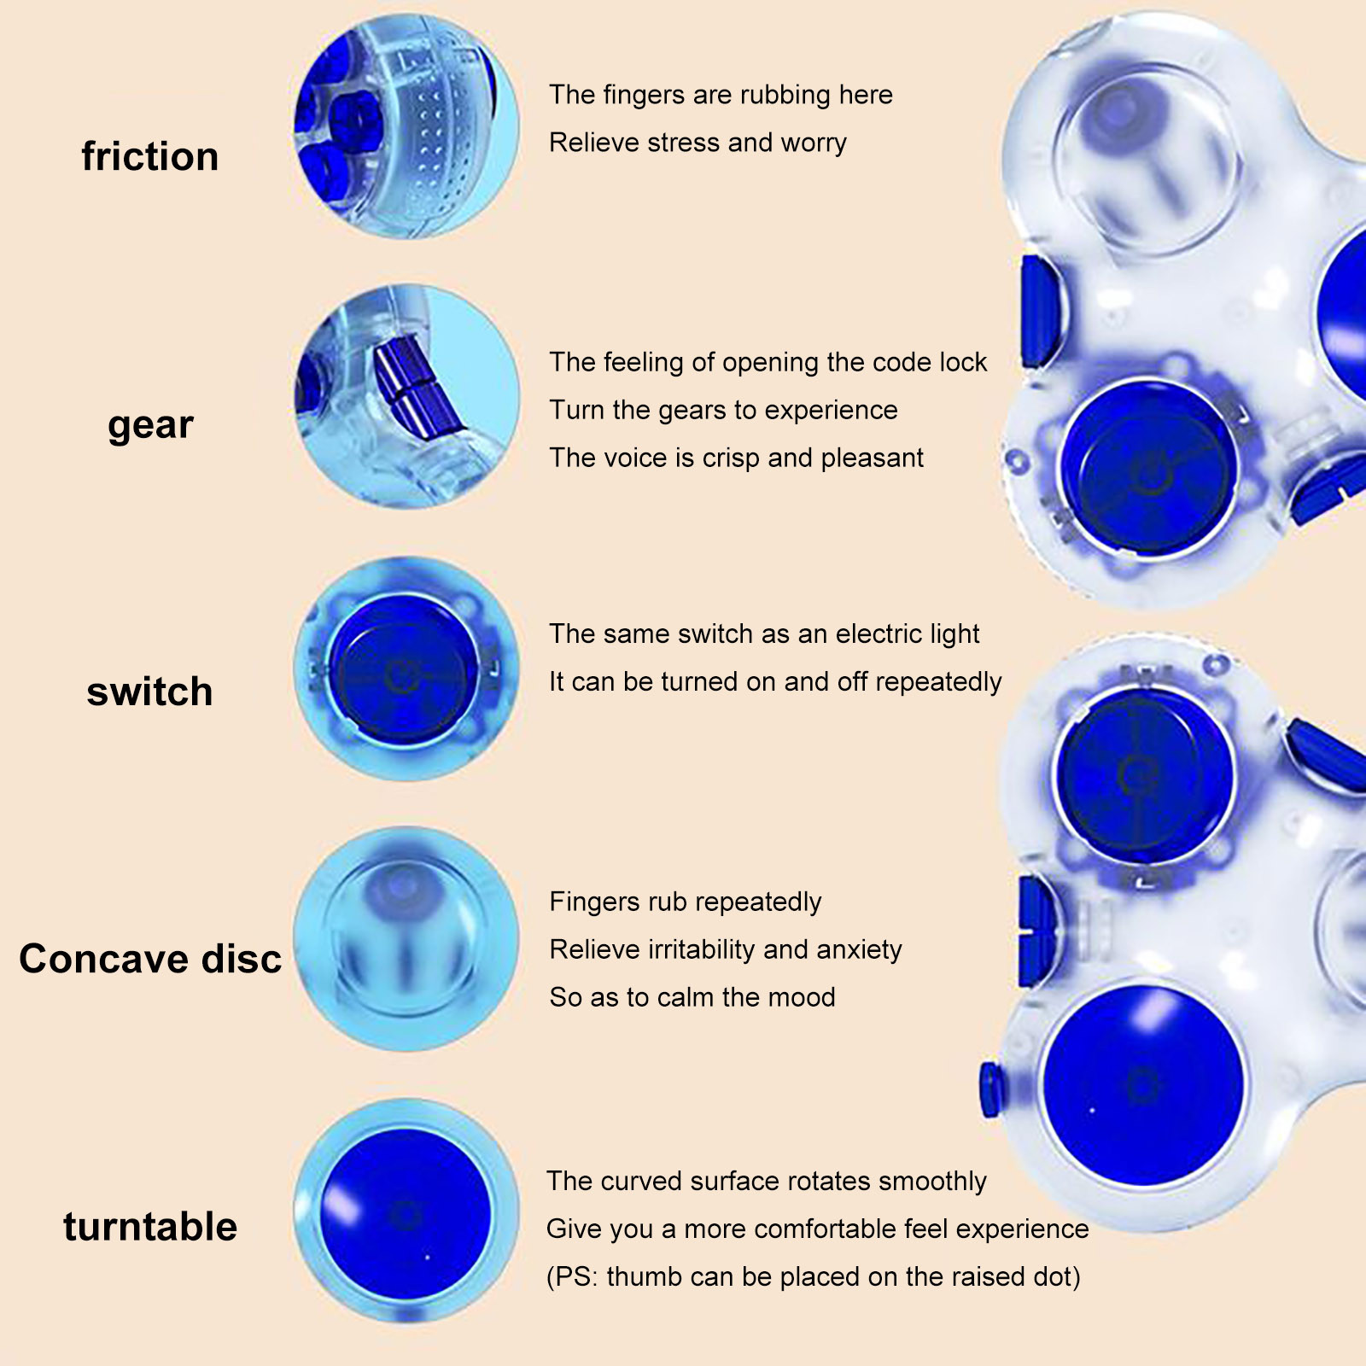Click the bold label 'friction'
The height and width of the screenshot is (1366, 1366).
click(150, 157)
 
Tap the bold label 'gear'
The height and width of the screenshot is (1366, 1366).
click(150, 424)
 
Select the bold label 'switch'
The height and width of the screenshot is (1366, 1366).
click(149, 692)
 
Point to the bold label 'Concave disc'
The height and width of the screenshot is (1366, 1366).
click(150, 959)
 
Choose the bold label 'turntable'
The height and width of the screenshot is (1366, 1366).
click(150, 1227)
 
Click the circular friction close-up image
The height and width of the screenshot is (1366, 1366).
click(406, 126)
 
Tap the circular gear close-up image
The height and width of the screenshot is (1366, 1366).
click(406, 397)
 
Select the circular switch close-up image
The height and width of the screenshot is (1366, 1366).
click(406, 668)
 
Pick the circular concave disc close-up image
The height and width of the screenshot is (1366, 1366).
click(406, 939)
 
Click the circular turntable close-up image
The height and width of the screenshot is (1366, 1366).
click(406, 1211)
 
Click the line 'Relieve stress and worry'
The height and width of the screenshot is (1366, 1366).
click(698, 143)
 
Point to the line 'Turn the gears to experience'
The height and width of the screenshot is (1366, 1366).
click(723, 411)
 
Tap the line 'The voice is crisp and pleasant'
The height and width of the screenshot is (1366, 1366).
click(736, 458)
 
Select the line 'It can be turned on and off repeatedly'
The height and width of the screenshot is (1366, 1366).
click(775, 682)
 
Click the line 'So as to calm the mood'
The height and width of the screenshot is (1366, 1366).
click(692, 997)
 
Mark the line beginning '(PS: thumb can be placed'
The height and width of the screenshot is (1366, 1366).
click(814, 1277)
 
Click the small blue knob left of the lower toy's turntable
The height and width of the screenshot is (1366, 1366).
click(990, 1090)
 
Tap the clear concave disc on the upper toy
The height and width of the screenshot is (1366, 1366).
click(1144, 158)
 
